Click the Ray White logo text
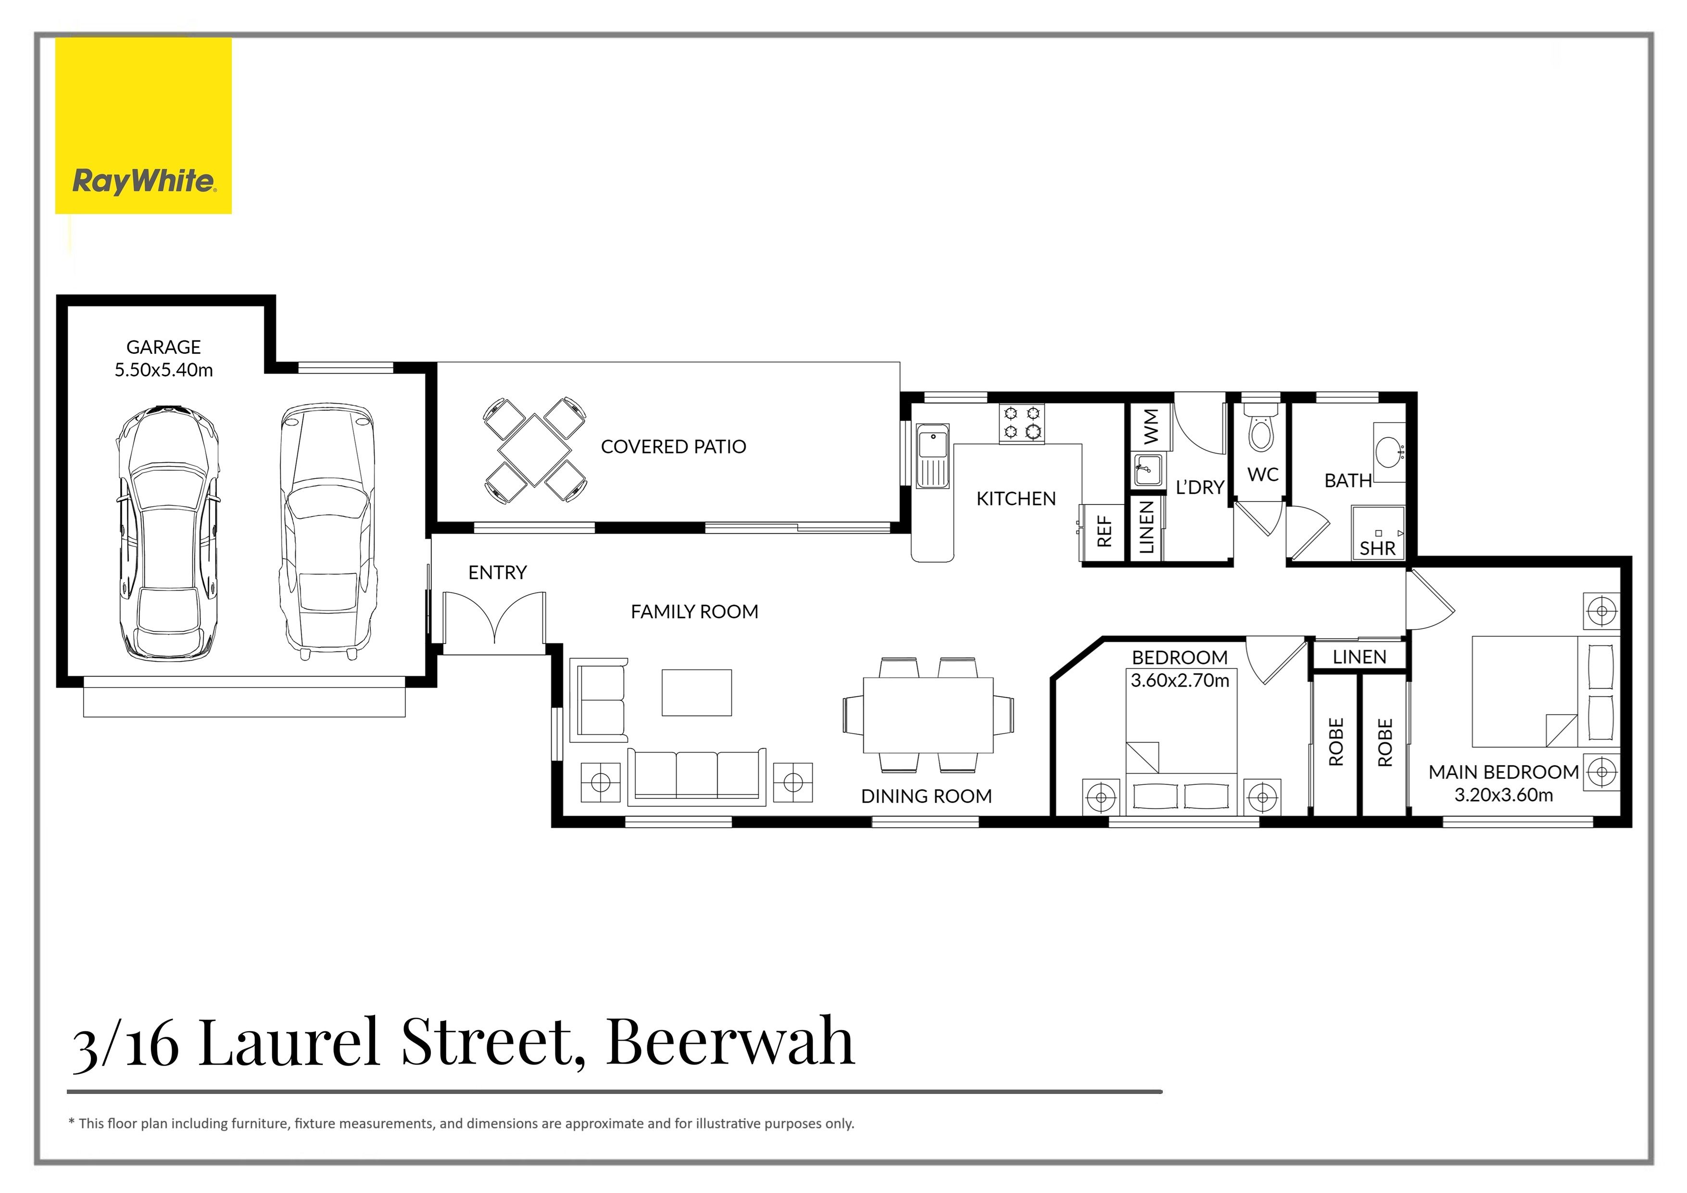[144, 181]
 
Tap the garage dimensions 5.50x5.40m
[163, 370]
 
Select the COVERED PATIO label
[673, 447]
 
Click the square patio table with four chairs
[535, 450]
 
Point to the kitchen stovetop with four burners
[1021, 424]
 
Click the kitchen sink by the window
[932, 455]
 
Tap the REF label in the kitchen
[1104, 531]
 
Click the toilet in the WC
[1261, 430]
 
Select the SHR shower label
[1377, 548]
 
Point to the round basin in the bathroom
[1389, 449]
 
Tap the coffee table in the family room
[696, 692]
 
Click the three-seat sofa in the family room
[696, 775]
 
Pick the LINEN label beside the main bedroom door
[1360, 657]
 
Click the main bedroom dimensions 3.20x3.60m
[1503, 795]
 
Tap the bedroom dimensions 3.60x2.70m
[1179, 680]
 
